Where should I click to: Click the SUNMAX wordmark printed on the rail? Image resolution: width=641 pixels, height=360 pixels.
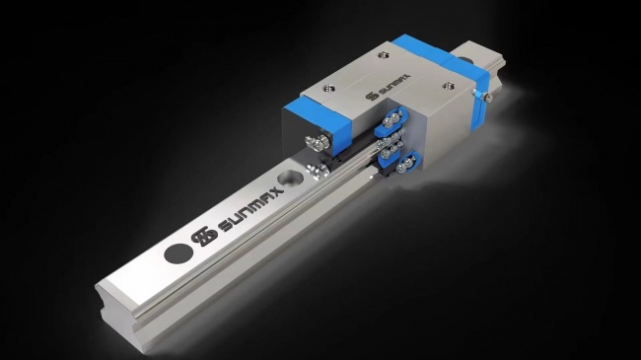(x=251, y=209)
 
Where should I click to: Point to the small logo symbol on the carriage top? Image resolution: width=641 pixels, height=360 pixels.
(x=371, y=96)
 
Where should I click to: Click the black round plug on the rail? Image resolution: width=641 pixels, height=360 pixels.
(x=178, y=253)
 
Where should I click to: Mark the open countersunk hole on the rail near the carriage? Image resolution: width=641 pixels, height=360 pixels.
(x=290, y=178)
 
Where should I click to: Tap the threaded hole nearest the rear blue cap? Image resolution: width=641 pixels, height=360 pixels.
(x=383, y=54)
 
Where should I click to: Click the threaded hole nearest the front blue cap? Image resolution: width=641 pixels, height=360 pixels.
(x=329, y=88)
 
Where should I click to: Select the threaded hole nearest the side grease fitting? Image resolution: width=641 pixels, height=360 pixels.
(x=449, y=86)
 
